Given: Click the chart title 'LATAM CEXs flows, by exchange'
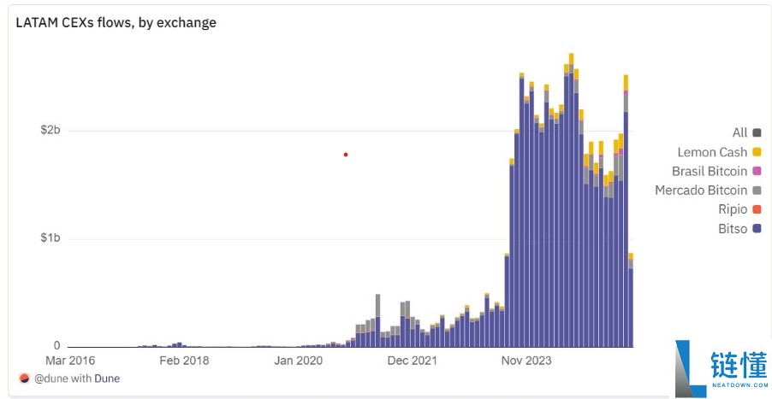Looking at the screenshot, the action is click(116, 22).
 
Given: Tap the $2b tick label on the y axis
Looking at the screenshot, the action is click(50, 131).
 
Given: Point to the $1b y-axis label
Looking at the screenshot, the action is click(50, 238).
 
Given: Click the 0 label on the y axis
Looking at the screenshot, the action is click(57, 346).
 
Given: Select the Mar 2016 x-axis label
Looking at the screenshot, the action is click(70, 361).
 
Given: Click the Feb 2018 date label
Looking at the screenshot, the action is click(184, 361).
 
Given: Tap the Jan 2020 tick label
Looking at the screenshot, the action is click(299, 361).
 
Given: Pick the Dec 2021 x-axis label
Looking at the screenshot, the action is click(412, 361).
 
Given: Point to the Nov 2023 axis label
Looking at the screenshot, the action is click(526, 361).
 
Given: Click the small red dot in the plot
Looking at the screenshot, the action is click(346, 155).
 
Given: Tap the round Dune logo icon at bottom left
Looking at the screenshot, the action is click(24, 378).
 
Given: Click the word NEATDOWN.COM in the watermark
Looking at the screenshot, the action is click(739, 384).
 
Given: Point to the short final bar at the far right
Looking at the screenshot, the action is click(631, 300).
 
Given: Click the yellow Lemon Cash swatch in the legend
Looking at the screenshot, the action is click(757, 152).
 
